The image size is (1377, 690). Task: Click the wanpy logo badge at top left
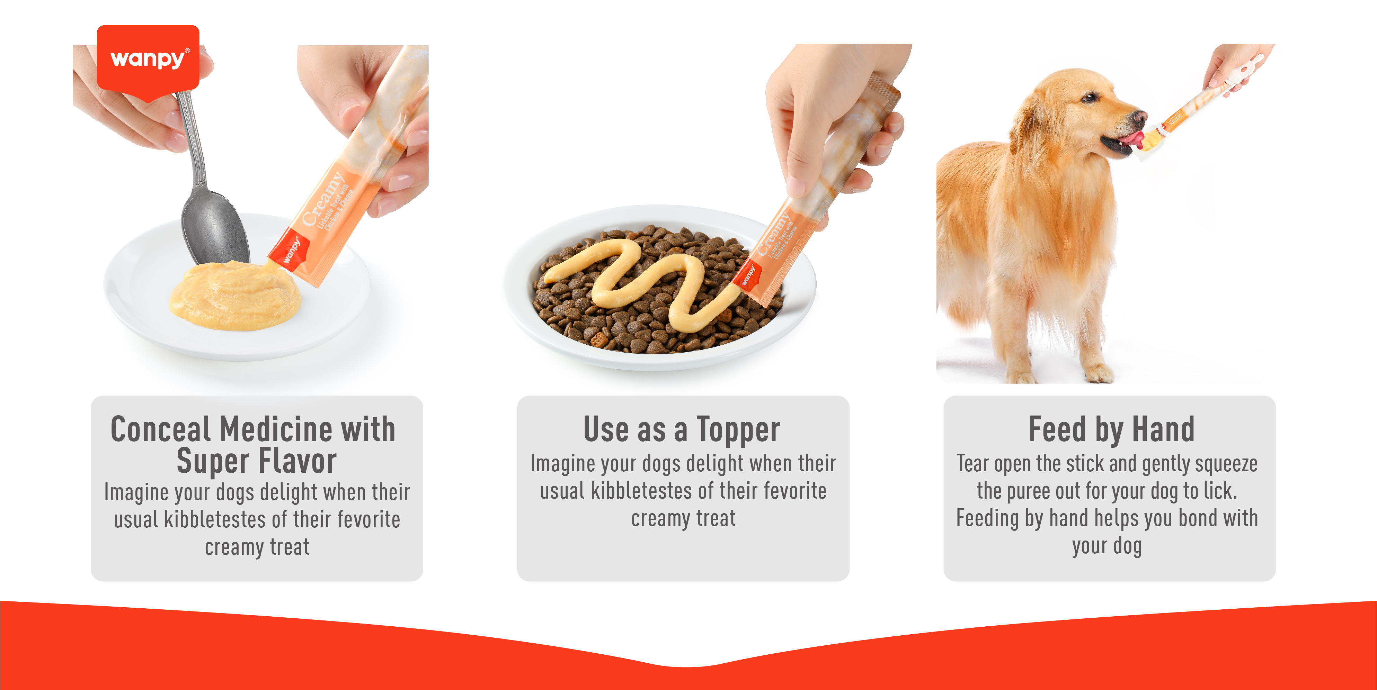point(148,59)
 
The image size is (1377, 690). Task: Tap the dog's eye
point(1089,97)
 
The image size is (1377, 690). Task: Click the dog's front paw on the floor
point(1100,373)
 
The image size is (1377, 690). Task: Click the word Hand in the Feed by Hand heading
point(1163,429)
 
